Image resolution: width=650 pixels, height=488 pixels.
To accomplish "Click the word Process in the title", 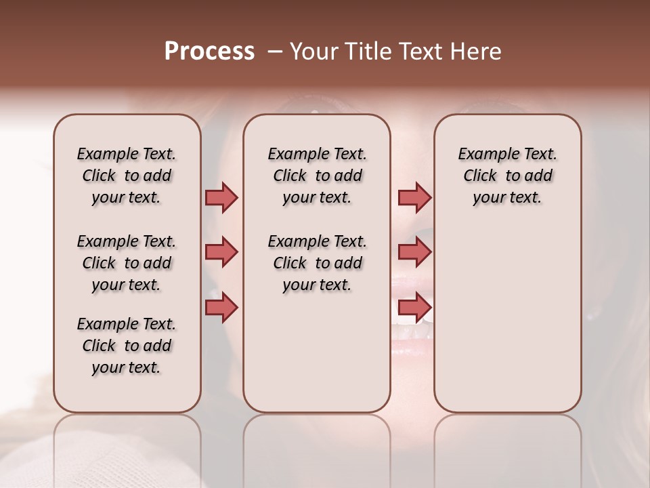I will [209, 52].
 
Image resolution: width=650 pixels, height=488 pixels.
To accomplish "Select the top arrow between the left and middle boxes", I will [221, 197].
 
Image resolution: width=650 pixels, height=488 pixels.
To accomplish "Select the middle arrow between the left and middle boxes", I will [221, 252].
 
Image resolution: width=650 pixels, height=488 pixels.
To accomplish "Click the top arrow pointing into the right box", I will [414, 197].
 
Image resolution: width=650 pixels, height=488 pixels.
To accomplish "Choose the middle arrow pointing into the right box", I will [414, 252].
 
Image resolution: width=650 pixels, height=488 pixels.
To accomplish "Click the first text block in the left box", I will [127, 176].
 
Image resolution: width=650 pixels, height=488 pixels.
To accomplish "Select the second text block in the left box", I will [127, 263].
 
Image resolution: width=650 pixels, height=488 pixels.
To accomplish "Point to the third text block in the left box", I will [127, 346].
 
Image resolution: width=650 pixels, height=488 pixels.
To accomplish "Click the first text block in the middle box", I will [317, 176].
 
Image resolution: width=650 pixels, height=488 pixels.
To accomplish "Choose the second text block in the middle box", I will [317, 263].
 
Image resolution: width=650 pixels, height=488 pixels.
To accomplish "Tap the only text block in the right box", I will [507, 176].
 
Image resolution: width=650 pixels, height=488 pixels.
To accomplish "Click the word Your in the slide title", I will [311, 52].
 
